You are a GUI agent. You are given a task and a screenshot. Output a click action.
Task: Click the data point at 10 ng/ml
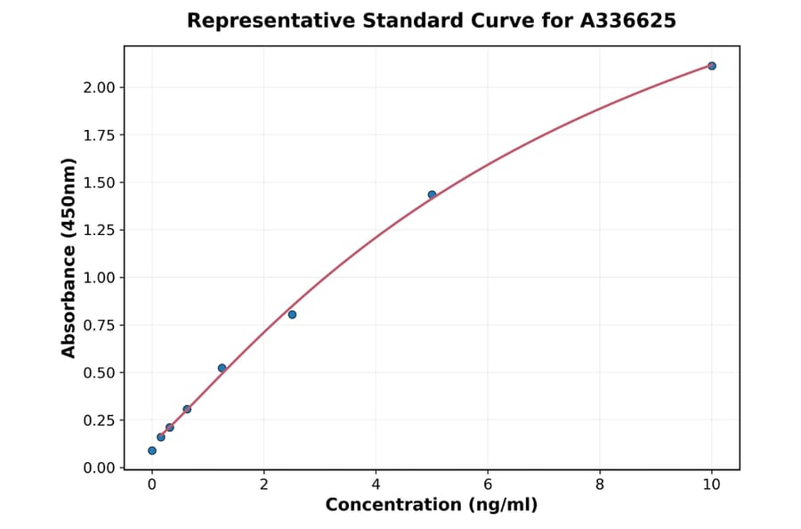711,66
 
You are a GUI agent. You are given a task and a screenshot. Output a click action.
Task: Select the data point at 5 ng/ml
432,194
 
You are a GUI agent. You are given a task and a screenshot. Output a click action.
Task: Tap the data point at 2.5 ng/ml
292,314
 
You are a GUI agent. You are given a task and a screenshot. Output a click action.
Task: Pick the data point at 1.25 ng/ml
222,368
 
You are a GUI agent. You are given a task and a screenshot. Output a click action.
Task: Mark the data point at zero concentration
152,451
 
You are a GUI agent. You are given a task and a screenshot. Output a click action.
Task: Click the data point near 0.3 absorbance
187,409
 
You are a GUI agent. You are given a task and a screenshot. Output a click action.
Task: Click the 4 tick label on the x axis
376,485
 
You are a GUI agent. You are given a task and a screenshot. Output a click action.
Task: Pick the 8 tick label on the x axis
600,485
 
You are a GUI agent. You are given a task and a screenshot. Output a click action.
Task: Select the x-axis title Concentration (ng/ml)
431,506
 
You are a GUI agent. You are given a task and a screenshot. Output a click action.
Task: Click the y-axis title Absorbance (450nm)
69,257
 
